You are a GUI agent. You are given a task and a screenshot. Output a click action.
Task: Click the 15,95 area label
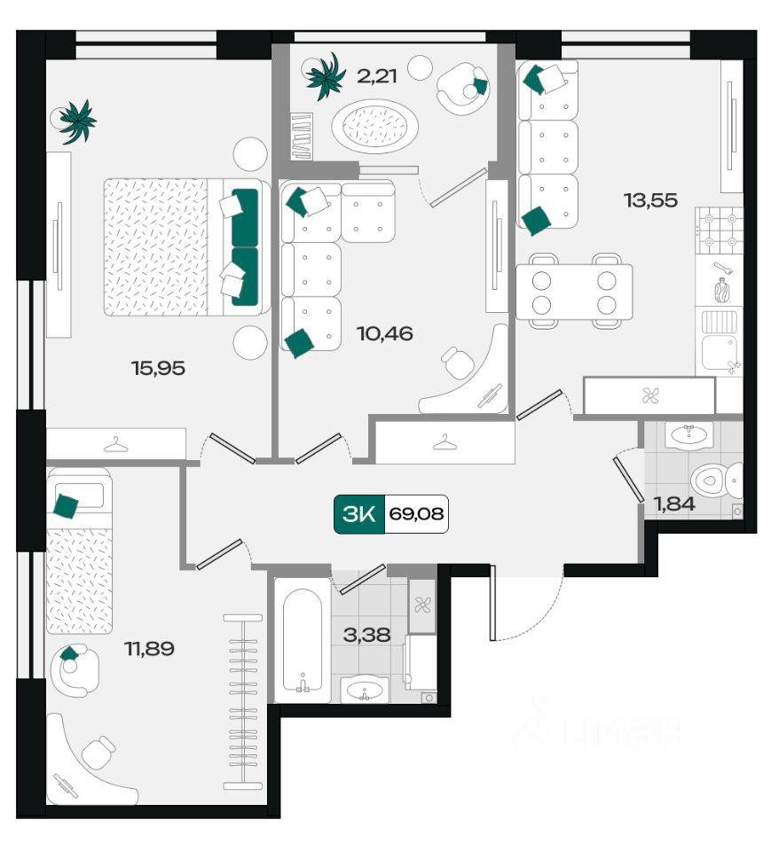coord(158,369)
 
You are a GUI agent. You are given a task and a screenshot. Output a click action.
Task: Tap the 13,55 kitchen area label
coord(651,201)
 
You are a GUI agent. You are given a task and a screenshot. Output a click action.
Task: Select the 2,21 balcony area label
coord(376,76)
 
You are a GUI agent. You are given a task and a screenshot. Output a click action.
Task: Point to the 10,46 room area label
coord(385,333)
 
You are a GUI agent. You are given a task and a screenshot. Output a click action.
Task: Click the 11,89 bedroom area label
coord(149,649)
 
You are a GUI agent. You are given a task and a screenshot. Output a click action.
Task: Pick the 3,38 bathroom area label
coord(366,635)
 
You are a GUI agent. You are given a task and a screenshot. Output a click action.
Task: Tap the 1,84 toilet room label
coord(674,504)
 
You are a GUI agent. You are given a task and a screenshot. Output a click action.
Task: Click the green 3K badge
coord(359,513)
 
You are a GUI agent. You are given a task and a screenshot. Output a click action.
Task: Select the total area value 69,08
coord(416,513)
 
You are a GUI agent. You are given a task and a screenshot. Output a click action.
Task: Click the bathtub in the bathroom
coord(302,641)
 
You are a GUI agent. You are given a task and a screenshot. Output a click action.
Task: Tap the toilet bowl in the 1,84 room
coord(716,480)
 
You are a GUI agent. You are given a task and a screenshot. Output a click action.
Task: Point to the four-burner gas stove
coord(719,230)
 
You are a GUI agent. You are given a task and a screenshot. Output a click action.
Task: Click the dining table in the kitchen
coord(574,292)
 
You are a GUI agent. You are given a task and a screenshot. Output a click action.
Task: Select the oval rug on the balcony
coord(375,126)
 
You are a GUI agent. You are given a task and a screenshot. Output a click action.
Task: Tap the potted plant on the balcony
coord(325,77)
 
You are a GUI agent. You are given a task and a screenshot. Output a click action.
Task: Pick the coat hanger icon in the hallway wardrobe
coord(445,443)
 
